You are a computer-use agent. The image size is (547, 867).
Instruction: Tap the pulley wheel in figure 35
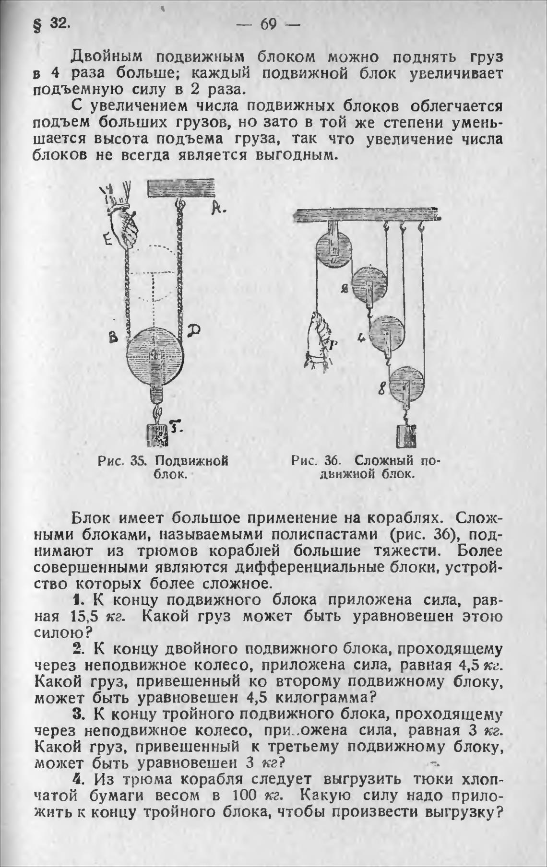click(155, 355)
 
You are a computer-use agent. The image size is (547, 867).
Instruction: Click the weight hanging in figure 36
click(407, 436)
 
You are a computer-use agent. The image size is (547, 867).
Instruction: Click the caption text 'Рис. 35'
click(121, 461)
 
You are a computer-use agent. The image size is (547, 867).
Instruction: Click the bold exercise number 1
click(77, 600)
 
